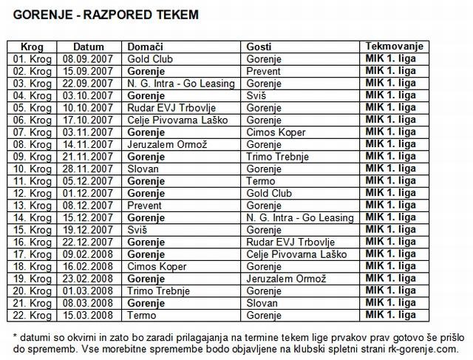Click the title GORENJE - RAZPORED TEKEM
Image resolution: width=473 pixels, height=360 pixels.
[106, 14]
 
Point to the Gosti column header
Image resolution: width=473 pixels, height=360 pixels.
[259, 46]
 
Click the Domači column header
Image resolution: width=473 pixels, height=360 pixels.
[145, 46]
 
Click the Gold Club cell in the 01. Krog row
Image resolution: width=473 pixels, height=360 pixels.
[149, 58]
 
